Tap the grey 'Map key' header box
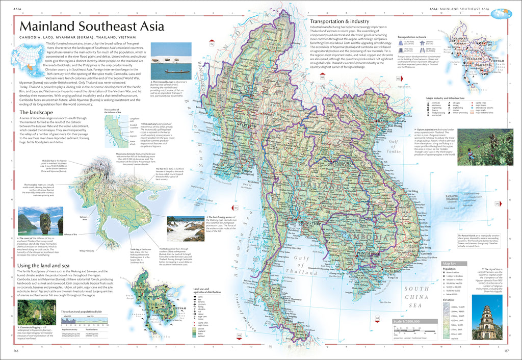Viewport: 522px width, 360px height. pyautogui.click(x=451, y=263)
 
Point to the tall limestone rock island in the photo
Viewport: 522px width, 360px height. pyautogui.click(x=45, y=222)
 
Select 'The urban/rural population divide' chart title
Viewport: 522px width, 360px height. pyautogui.click(x=81, y=311)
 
